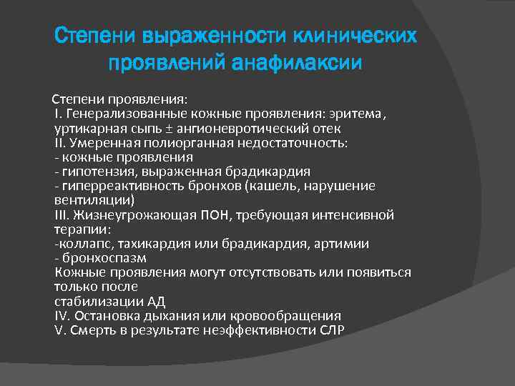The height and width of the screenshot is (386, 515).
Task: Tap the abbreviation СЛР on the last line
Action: click(x=332, y=330)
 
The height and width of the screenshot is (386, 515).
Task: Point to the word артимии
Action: click(x=345, y=244)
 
